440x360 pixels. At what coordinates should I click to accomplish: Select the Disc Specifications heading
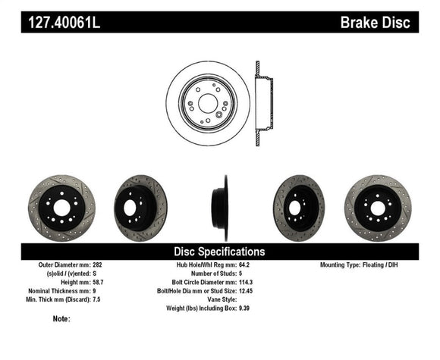[x=219, y=251]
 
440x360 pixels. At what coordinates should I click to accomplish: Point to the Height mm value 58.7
[x=98, y=282]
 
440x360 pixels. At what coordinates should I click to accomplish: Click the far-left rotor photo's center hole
[x=61, y=208]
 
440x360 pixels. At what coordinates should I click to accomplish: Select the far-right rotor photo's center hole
[x=378, y=208]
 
